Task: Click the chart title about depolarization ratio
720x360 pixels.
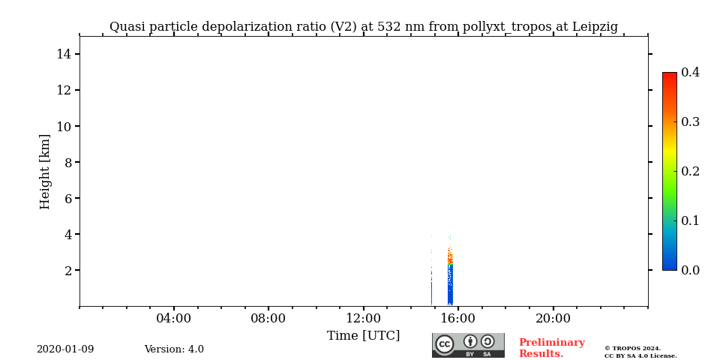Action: click(364, 27)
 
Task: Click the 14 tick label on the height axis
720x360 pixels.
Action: click(64, 54)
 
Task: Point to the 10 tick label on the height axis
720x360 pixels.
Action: click(64, 126)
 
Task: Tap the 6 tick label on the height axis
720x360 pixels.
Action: click(67, 198)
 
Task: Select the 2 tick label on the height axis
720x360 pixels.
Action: click(67, 270)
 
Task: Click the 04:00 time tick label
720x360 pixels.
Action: click(173, 319)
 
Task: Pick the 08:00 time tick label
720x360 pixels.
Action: click(268, 319)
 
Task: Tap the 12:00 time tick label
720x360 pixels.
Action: click(363, 319)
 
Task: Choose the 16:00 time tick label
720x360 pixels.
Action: click(457, 319)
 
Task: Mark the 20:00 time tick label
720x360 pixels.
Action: click(553, 319)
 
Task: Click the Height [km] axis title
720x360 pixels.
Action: click(46, 171)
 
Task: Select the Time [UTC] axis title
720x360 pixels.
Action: click(363, 336)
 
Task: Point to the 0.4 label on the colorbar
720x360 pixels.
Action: click(690, 73)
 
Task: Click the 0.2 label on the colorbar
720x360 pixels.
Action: click(690, 171)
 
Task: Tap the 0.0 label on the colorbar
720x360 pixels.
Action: click(690, 270)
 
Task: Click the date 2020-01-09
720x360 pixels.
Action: click(65, 349)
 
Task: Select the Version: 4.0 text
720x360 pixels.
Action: click(174, 349)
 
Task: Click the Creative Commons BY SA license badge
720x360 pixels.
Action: click(468, 345)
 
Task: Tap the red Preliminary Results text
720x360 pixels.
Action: click(551, 348)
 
